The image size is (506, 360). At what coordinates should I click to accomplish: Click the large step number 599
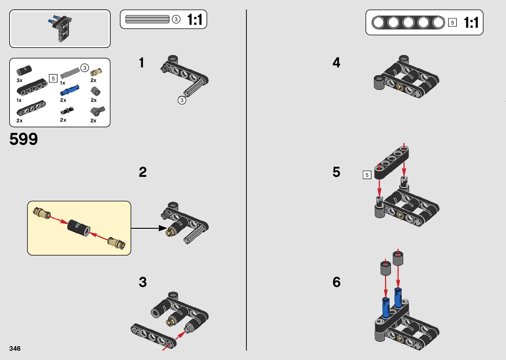coord(23,139)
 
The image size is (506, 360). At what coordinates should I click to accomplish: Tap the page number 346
coord(15,348)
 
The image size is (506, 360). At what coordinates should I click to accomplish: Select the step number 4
coord(336,62)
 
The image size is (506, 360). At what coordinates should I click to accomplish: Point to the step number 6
coord(336,282)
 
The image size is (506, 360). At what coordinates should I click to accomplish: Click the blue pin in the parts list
coord(70,90)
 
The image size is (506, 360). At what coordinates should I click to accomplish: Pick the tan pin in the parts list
coord(96,72)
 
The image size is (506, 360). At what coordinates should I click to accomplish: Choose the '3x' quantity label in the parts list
coord(19,80)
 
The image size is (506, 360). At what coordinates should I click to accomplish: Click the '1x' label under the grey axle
coord(62,83)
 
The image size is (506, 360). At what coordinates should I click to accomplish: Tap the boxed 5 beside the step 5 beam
coord(367,175)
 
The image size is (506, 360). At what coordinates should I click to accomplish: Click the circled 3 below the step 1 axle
coord(182,100)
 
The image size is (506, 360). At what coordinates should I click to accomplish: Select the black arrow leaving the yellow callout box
coord(149,228)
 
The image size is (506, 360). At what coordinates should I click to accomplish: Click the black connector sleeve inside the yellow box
coord(79,228)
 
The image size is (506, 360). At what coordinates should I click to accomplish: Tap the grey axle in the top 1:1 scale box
coord(147,19)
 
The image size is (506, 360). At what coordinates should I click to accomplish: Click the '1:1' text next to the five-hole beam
coord(471,22)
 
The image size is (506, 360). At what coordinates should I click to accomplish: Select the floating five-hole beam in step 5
coord(391,163)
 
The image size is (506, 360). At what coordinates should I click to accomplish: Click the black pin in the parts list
coord(67,110)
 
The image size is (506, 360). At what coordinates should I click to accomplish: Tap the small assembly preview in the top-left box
coord(60,28)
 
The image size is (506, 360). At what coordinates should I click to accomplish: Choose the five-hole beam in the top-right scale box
coord(408,22)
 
